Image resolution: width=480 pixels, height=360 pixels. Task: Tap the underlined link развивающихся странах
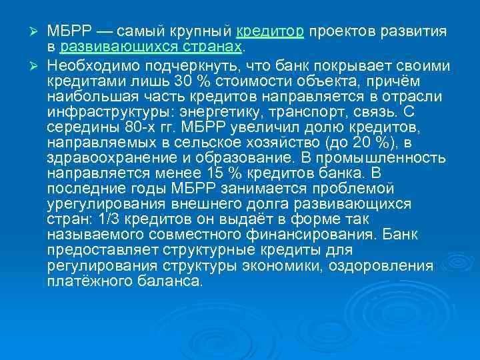[151, 48]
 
